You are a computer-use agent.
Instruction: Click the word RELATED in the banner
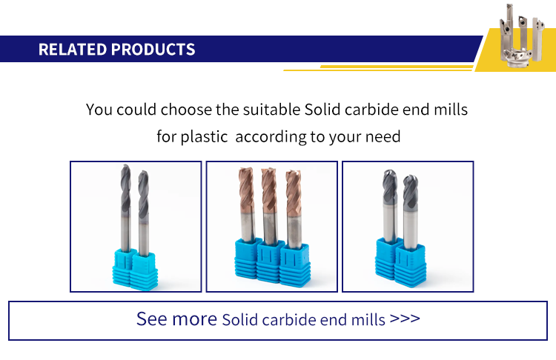(x=73, y=49)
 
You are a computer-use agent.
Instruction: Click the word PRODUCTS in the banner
(x=153, y=49)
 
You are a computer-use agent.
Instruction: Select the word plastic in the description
(x=204, y=137)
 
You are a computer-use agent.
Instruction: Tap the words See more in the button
(x=176, y=319)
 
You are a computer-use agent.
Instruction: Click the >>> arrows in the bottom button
(x=405, y=319)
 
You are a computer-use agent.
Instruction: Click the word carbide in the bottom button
(x=288, y=320)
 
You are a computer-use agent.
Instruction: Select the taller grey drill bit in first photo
(x=125, y=208)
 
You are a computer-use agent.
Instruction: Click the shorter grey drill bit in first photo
(x=143, y=213)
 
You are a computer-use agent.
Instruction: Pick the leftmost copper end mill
(x=247, y=204)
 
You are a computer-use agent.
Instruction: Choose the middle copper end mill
(x=270, y=207)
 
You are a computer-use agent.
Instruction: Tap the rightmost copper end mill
(x=294, y=209)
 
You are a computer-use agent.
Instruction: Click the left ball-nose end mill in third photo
(x=390, y=206)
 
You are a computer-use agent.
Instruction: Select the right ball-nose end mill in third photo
(x=410, y=212)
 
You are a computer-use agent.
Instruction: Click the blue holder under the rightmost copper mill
(x=295, y=265)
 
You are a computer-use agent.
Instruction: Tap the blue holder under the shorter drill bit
(x=144, y=270)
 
